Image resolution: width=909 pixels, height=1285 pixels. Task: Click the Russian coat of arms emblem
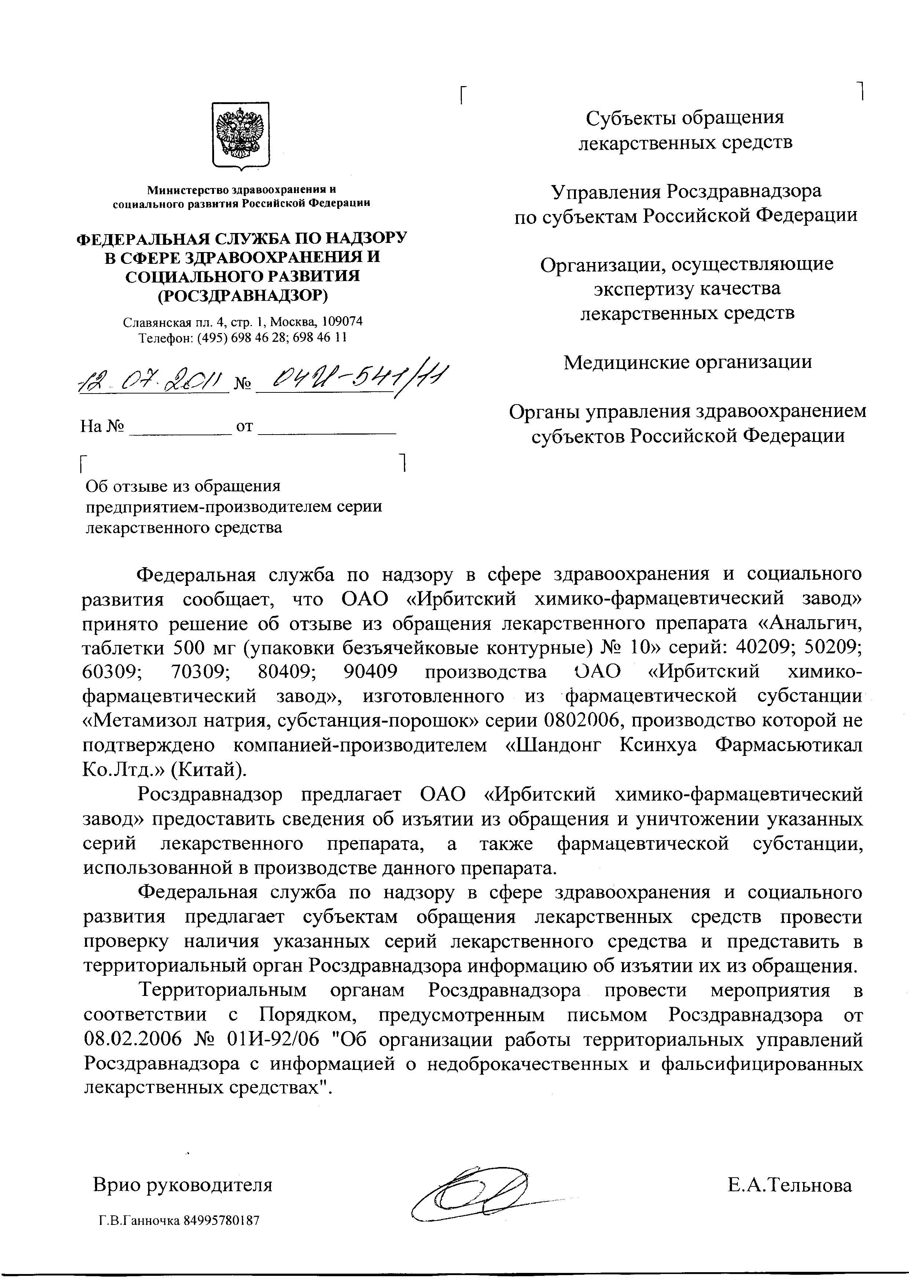(241, 135)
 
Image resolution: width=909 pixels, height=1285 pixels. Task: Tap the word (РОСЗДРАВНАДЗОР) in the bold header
(242, 295)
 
